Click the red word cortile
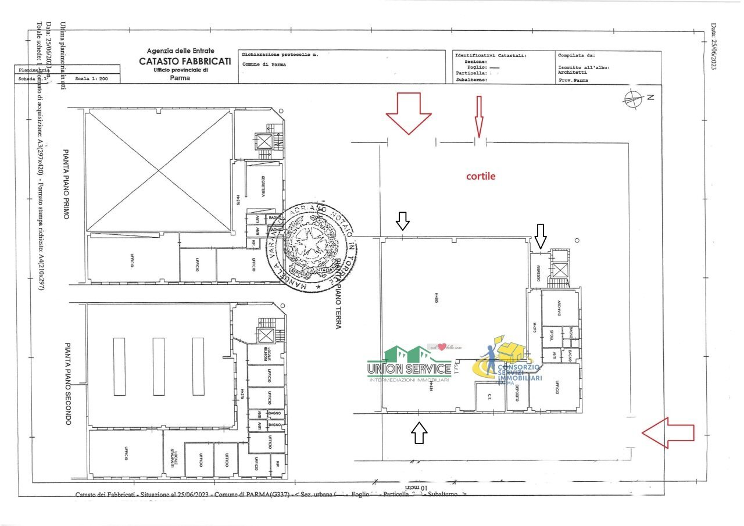(x=481, y=176)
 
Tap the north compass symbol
(x=633, y=98)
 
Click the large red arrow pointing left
(x=668, y=432)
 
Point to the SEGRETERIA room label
(x=263, y=186)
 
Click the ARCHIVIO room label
(x=559, y=308)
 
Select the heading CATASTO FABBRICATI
(x=184, y=61)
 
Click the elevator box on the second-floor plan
(x=266, y=335)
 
